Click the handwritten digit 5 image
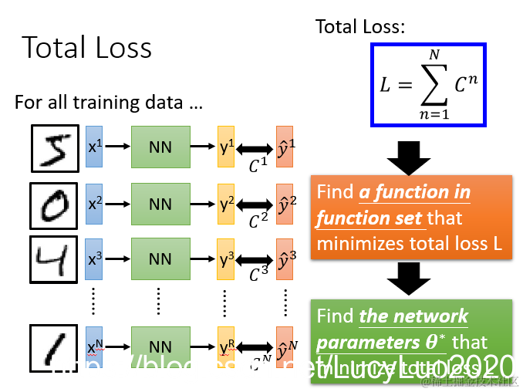tap(54, 148)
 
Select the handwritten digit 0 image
tap(54, 204)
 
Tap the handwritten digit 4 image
tap(54, 260)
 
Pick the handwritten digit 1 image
tap(54, 351)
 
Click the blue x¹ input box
tap(94, 147)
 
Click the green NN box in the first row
tap(160, 147)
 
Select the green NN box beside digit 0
tap(160, 204)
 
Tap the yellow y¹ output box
tap(226, 147)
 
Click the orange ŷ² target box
tap(285, 204)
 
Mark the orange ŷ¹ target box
tap(285, 147)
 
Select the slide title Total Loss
tap(86, 48)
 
